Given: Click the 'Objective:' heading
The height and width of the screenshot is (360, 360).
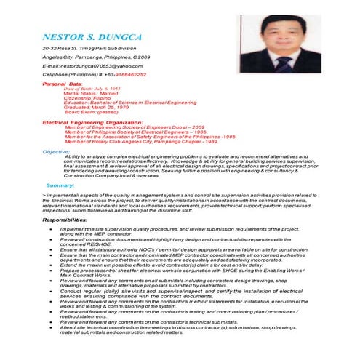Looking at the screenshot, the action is click(x=56, y=151).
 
